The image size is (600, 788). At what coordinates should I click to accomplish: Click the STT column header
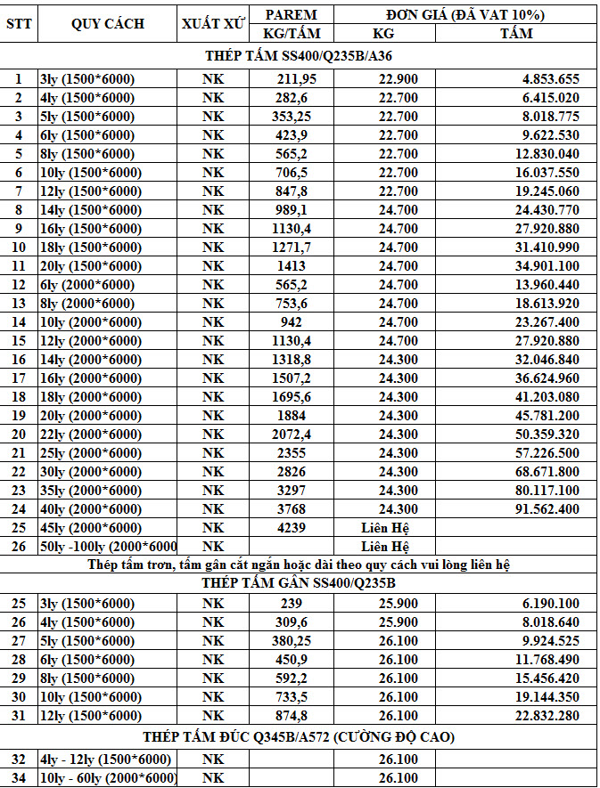click(x=19, y=24)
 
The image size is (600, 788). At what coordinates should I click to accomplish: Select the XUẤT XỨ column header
click(x=214, y=24)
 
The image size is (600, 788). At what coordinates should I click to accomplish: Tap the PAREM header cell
click(x=292, y=15)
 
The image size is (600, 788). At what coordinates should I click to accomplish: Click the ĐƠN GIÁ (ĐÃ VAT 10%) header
click(x=465, y=15)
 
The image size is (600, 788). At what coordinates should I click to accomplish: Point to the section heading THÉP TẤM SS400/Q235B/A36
click(x=300, y=55)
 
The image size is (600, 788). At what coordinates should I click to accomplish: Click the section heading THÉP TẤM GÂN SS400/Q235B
click(x=300, y=584)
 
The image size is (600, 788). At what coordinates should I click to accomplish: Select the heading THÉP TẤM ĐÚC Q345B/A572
click(x=300, y=737)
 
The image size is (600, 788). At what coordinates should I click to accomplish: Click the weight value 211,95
click(x=292, y=78)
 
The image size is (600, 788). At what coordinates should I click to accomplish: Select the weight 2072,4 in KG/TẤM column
click(x=292, y=434)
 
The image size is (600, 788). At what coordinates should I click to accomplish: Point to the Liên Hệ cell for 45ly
click(x=384, y=528)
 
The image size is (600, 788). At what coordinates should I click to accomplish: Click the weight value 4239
click(x=292, y=528)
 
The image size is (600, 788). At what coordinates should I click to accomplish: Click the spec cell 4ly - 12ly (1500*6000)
click(x=105, y=759)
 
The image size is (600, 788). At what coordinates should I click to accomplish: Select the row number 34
click(x=19, y=778)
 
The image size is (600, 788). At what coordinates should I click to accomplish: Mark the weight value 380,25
click(x=292, y=641)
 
